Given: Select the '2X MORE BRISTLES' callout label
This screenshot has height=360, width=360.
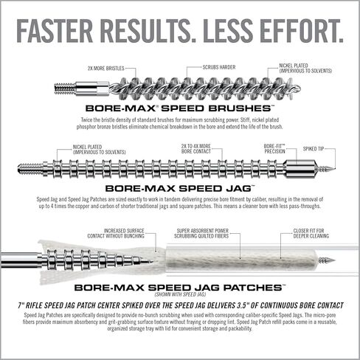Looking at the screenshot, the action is click(106, 69).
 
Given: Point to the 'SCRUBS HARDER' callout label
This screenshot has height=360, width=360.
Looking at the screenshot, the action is click(219, 67).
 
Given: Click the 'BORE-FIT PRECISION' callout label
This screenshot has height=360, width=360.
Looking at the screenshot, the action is click(274, 148).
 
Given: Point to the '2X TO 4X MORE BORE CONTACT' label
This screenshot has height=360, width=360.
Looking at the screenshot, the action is click(196, 149).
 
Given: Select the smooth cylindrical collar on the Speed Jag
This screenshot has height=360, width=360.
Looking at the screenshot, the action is click(300, 168).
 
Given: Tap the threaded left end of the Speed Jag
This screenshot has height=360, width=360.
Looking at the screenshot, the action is click(31, 168).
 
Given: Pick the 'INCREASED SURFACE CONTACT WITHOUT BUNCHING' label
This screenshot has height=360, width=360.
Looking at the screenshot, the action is click(116, 233).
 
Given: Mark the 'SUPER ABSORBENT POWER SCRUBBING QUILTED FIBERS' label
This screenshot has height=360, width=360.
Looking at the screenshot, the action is click(201, 233).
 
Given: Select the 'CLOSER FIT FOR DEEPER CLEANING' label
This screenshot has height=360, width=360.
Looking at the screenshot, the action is click(311, 233).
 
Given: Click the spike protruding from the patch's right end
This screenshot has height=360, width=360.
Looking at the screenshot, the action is click(327, 260).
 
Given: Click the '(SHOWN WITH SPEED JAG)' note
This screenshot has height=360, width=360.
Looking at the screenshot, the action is click(180, 294).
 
